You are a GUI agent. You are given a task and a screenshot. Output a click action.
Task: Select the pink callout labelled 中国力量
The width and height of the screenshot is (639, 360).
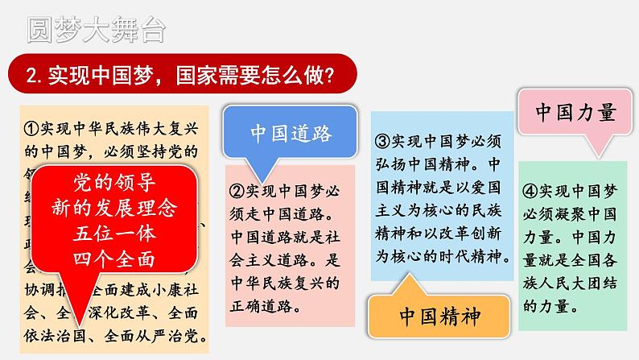(575, 112)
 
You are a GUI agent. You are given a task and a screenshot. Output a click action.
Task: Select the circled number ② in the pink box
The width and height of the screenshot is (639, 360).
(237, 192)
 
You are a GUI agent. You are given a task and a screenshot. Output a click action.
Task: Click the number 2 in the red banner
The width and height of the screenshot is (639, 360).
(31, 76)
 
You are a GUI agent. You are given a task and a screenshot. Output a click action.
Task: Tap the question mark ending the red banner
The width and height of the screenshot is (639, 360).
(330, 75)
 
